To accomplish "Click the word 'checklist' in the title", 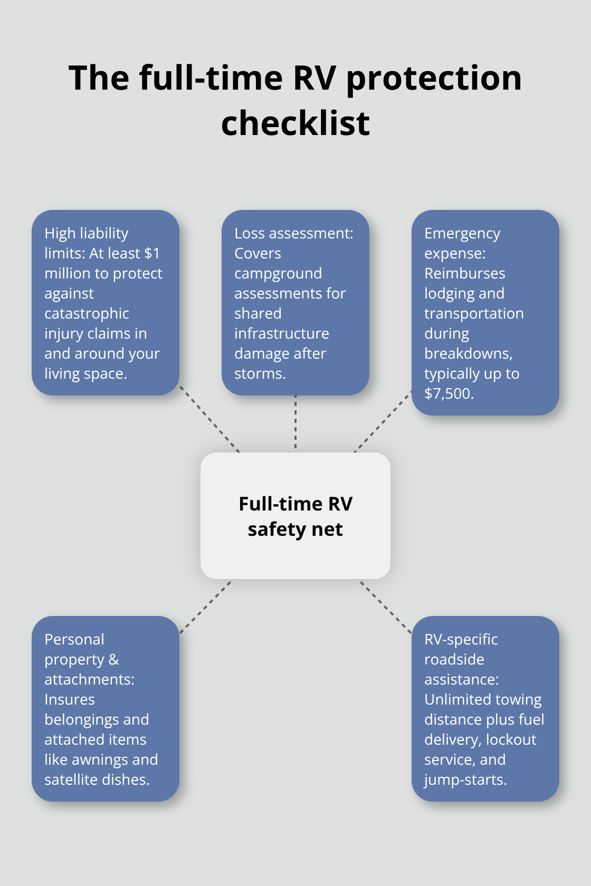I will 295,123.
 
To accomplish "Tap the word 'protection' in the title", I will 434,78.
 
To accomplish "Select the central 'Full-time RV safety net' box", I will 295,516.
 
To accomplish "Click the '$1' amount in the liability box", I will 152,254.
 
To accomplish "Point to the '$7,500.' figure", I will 449,394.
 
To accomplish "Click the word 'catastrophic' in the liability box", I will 87,314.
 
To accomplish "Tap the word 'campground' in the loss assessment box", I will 278,274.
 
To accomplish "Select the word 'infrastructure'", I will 282,334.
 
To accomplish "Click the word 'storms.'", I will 260,374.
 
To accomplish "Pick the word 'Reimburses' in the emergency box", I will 465,274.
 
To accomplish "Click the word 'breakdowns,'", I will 469,354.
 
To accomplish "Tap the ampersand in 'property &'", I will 114,660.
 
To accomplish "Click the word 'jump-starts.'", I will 465,780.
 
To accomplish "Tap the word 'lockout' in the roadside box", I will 511,740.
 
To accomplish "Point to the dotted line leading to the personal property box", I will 206,606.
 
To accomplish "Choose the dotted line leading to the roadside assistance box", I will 385,606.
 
